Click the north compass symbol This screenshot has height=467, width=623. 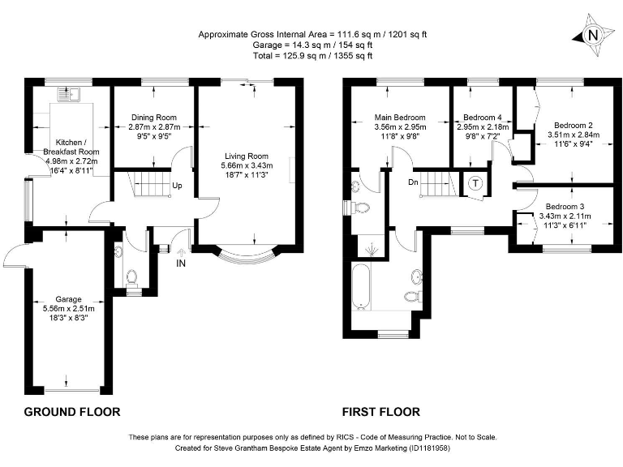592,35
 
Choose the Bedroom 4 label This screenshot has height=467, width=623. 483,116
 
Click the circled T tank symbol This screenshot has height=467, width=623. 474,183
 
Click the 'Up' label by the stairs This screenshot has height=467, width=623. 177,185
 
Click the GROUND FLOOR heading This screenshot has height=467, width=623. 72,412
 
